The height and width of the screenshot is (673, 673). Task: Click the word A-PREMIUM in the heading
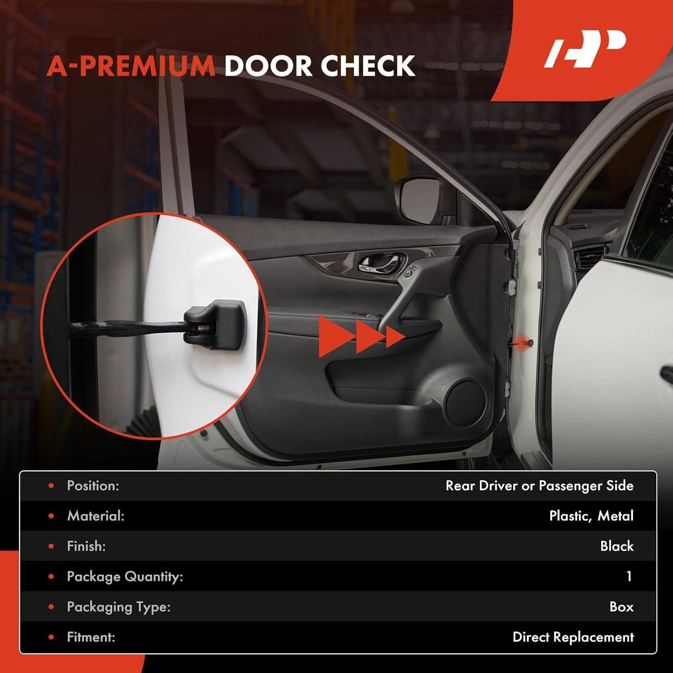(131, 66)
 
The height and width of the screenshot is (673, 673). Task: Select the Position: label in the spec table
(93, 486)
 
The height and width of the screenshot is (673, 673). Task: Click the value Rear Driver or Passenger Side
(539, 486)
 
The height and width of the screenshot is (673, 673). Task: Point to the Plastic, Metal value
(591, 516)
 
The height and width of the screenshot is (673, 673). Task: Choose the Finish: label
(86, 546)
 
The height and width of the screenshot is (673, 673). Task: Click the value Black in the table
(617, 546)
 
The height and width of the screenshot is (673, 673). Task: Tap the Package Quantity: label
(125, 577)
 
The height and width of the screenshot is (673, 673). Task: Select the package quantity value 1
(629, 577)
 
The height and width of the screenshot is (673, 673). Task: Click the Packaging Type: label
(118, 607)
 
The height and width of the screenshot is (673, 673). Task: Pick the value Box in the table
(621, 607)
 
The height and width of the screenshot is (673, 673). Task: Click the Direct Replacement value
(573, 637)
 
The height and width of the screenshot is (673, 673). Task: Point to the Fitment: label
(91, 637)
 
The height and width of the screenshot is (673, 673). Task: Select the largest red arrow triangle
(334, 336)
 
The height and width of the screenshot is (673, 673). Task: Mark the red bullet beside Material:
(51, 516)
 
